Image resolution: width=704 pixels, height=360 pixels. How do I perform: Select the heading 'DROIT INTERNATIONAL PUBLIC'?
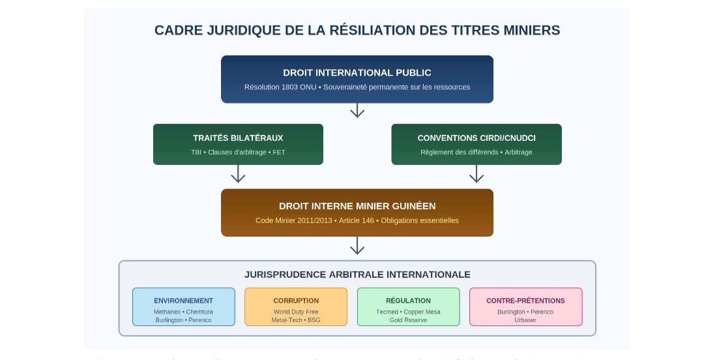point(357,73)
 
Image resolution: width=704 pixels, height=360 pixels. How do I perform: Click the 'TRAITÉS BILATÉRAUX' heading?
point(238,138)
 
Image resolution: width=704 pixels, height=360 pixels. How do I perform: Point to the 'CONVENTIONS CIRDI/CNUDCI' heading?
point(477,138)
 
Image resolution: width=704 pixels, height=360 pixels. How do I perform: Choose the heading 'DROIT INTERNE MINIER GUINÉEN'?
point(357,206)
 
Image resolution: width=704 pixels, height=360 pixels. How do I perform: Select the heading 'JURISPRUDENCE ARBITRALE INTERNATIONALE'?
point(357,275)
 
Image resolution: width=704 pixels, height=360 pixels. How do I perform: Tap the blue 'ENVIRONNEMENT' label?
point(183,301)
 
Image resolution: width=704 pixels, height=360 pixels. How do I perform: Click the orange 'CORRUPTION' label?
point(296,301)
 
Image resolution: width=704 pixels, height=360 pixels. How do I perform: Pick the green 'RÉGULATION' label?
point(408,301)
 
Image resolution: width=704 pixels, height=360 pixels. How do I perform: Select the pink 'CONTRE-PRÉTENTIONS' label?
point(525,301)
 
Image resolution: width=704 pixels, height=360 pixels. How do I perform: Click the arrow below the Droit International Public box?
point(357,111)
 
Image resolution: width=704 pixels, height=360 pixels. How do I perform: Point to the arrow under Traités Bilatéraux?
point(238,174)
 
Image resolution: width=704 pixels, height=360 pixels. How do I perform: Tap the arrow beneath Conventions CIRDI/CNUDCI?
point(477,174)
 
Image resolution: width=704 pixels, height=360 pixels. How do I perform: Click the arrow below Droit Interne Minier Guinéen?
point(357,246)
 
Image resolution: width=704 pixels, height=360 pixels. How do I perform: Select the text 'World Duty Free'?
point(296,312)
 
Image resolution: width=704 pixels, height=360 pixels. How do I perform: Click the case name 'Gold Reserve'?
point(408,320)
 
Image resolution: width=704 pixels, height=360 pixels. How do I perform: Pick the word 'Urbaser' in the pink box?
point(525,320)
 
